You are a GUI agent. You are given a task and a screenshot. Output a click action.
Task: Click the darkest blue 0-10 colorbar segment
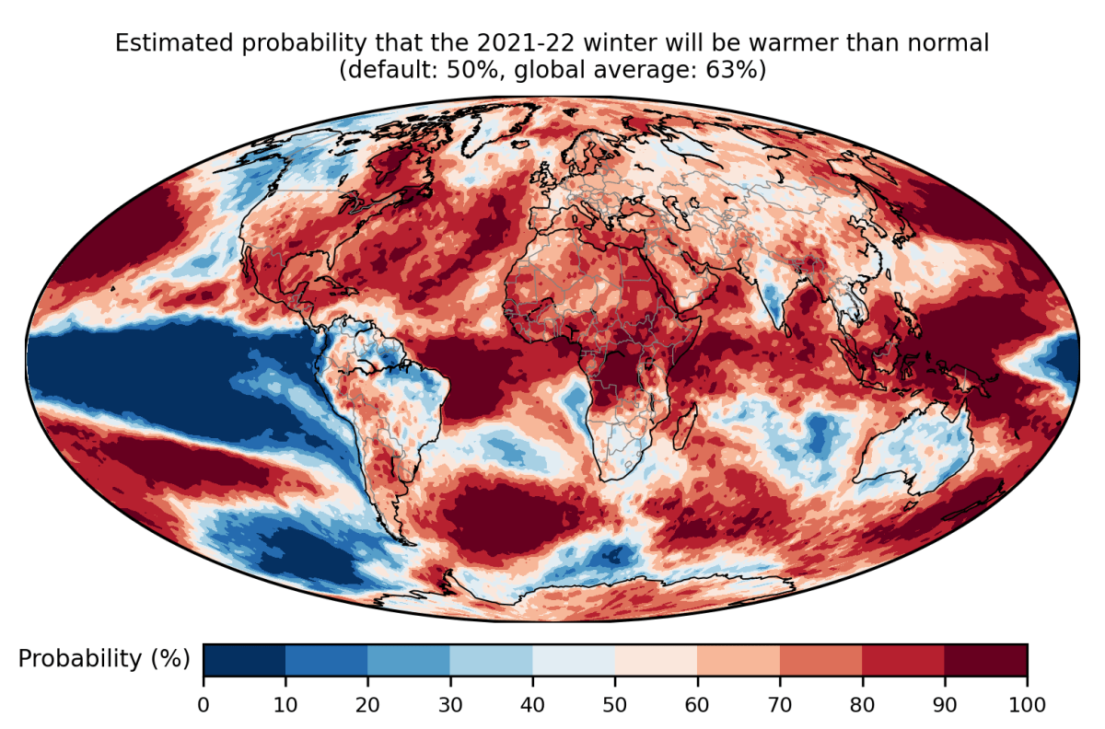(244, 659)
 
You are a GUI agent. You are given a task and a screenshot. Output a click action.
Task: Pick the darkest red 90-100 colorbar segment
(985, 659)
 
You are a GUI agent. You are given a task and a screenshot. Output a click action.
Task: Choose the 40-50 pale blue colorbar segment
(574, 659)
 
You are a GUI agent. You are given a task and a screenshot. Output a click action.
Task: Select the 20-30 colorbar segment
(409, 659)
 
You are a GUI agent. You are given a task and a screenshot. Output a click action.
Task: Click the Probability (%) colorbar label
(104, 659)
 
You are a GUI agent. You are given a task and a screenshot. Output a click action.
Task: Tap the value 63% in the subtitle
(736, 69)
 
